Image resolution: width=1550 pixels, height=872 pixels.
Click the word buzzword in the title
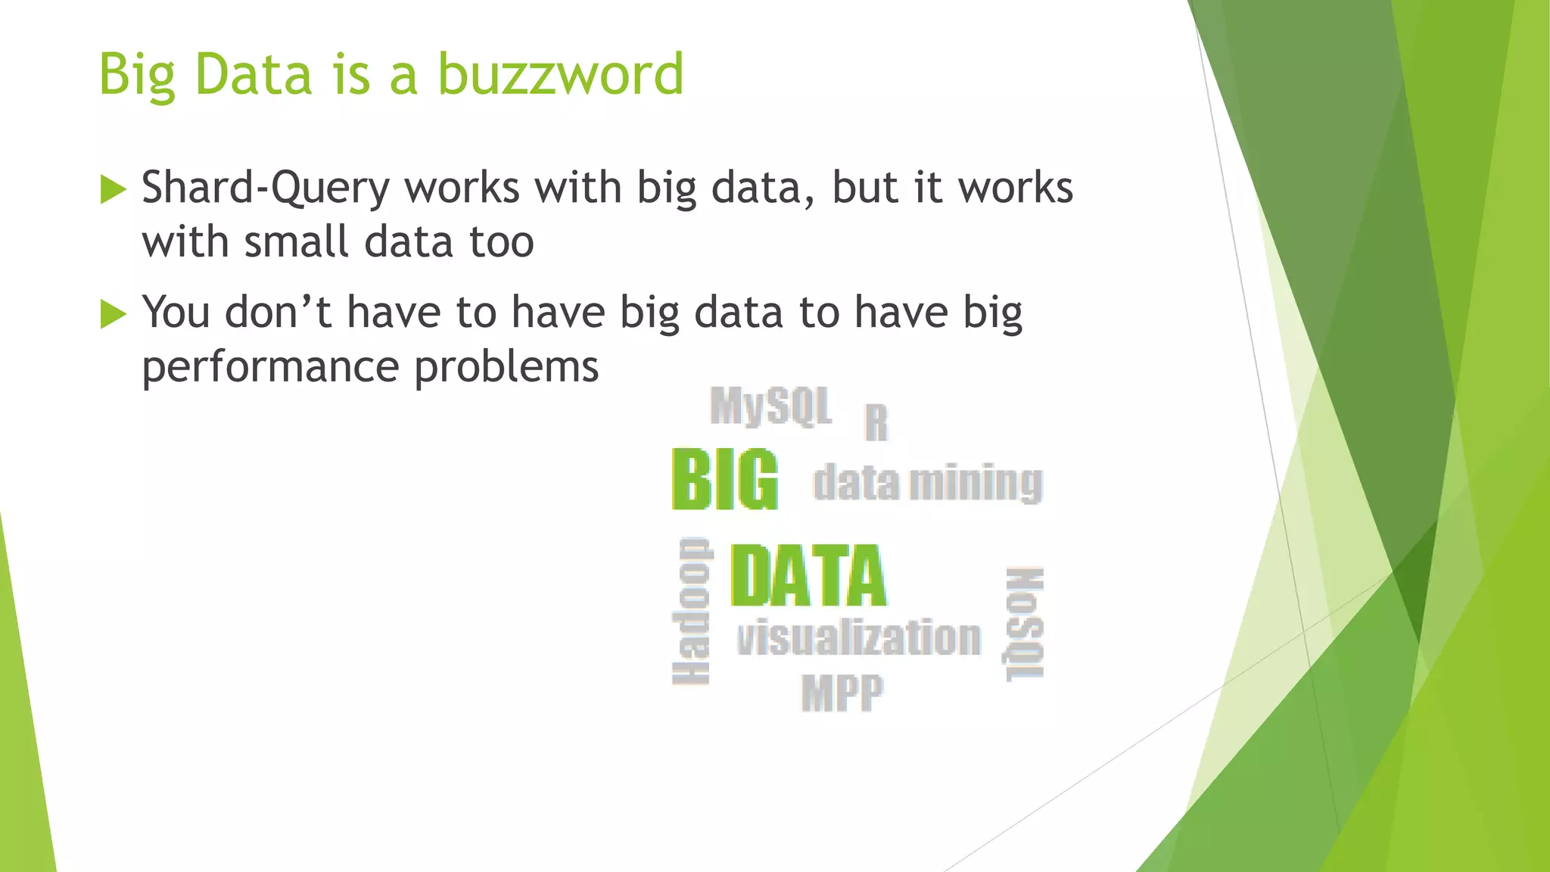pyautogui.click(x=560, y=74)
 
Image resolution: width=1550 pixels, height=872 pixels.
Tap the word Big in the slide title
pyautogui.click(x=137, y=76)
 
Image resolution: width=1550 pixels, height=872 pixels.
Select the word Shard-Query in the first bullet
pyautogui.click(x=266, y=188)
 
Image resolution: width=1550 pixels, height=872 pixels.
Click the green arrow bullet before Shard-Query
pyautogui.click(x=113, y=189)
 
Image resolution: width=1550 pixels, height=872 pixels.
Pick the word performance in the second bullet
pyautogui.click(x=269, y=368)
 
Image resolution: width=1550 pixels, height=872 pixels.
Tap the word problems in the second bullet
pyautogui.click(x=506, y=368)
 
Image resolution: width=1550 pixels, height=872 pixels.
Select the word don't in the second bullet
pyautogui.click(x=278, y=312)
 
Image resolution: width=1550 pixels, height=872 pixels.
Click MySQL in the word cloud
pyautogui.click(x=770, y=406)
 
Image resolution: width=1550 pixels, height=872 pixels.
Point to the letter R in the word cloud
pyautogui.click(x=876, y=422)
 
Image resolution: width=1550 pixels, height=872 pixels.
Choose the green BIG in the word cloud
pyautogui.click(x=724, y=480)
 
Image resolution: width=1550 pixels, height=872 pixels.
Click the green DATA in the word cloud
pyautogui.click(x=808, y=576)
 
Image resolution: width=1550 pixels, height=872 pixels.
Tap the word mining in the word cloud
pyautogui.click(x=976, y=483)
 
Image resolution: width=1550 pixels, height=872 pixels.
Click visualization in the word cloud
pyautogui.click(x=859, y=637)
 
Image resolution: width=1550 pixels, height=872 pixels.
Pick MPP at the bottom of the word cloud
pyautogui.click(x=842, y=692)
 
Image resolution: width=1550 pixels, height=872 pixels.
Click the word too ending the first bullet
pyautogui.click(x=502, y=242)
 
